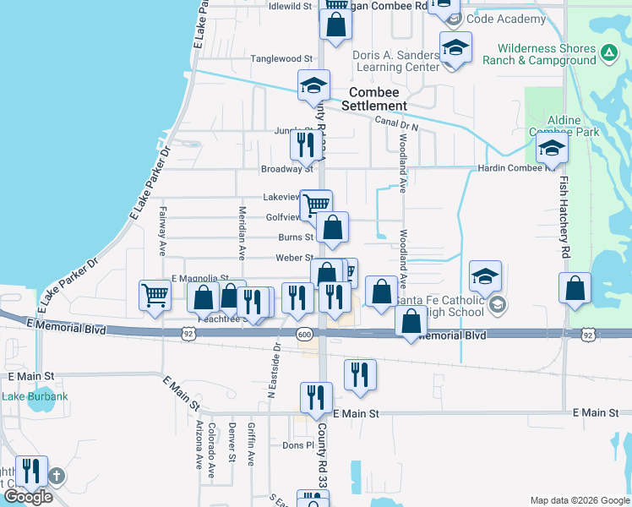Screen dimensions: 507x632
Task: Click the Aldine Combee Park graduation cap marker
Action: (x=552, y=150)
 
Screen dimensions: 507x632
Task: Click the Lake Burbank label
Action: (x=25, y=396)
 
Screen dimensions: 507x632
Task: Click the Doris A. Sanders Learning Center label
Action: (x=395, y=61)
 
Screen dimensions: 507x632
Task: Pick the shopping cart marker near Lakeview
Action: (x=315, y=204)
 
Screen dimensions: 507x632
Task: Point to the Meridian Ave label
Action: (x=242, y=232)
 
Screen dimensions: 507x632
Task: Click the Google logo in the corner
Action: (x=28, y=497)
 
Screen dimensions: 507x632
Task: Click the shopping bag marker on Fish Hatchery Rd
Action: (x=575, y=288)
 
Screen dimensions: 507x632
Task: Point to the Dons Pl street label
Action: (x=298, y=445)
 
